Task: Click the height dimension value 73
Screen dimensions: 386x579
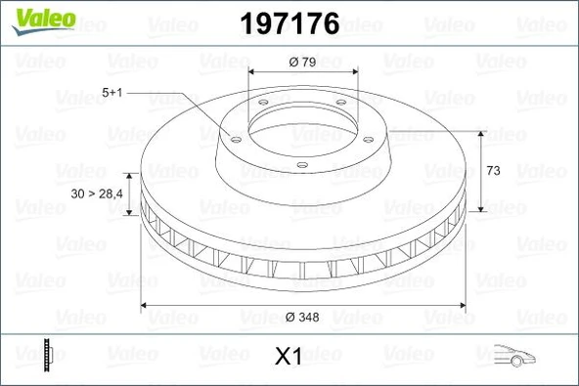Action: [x=493, y=170]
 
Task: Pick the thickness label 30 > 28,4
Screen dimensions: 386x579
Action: [x=96, y=194]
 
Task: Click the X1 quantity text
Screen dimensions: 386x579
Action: [x=287, y=358]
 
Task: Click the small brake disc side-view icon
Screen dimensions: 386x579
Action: [x=46, y=356]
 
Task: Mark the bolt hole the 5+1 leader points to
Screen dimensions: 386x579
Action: [x=234, y=139]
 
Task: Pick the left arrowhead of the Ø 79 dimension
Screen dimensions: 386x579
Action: [x=252, y=73]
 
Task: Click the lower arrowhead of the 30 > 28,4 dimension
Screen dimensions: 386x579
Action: [x=129, y=207]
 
